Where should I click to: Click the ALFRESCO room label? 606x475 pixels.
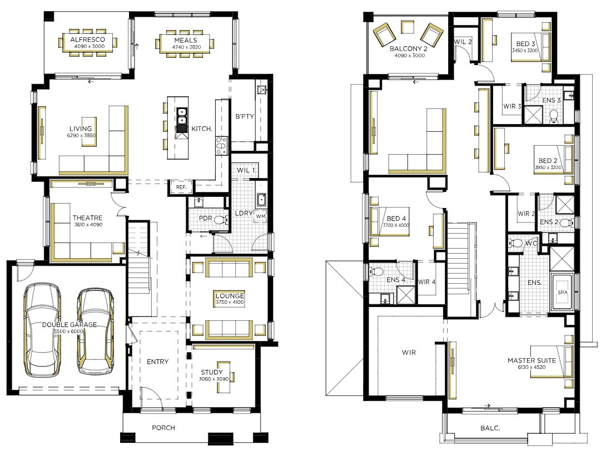(87, 39)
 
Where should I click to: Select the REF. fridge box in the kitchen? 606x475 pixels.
(181, 187)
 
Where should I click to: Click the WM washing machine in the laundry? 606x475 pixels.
(261, 216)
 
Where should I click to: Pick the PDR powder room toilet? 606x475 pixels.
(220, 220)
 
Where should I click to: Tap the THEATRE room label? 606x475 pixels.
(88, 217)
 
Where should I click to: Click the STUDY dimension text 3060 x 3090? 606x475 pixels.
(213, 379)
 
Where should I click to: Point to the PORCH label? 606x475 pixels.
(163, 428)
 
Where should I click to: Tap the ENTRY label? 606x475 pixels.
(158, 362)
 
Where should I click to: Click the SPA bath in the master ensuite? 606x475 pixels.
(563, 292)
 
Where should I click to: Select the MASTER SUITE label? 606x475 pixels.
(532, 360)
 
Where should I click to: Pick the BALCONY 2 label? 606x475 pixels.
(409, 49)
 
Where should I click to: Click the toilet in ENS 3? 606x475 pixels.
(554, 116)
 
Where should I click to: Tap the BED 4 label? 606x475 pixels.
(396, 219)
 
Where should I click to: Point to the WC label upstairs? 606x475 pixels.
(531, 244)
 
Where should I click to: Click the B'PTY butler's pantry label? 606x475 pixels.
(245, 116)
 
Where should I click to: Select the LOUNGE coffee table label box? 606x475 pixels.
(230, 299)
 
